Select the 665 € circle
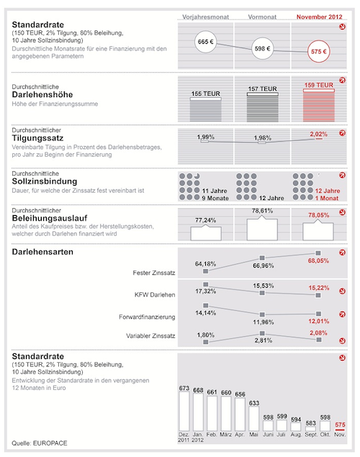pyautogui.click(x=205, y=42)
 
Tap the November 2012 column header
pyautogui.click(x=319, y=17)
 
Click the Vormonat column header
pyautogui.click(x=262, y=17)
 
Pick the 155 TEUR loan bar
pyautogui.click(x=205, y=109)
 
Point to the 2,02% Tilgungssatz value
pyautogui.click(x=319, y=134)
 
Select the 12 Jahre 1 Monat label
pyautogui.click(x=328, y=194)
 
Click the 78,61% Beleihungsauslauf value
pyautogui.click(x=262, y=211)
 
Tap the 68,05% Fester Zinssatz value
pyautogui.click(x=318, y=261)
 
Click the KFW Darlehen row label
pyautogui.click(x=155, y=294)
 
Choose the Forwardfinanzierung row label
pyautogui.click(x=147, y=317)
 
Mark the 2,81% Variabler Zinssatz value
pyautogui.click(x=264, y=340)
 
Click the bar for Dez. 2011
pyautogui.click(x=184, y=411)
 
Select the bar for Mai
pyautogui.click(x=254, y=419)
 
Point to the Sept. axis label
pyautogui.click(x=311, y=435)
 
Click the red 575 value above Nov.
pyautogui.click(x=340, y=425)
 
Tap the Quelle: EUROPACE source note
pyautogui.click(x=40, y=443)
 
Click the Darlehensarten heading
pyautogui.click(x=42, y=252)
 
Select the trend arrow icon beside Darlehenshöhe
pyautogui.click(x=342, y=80)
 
